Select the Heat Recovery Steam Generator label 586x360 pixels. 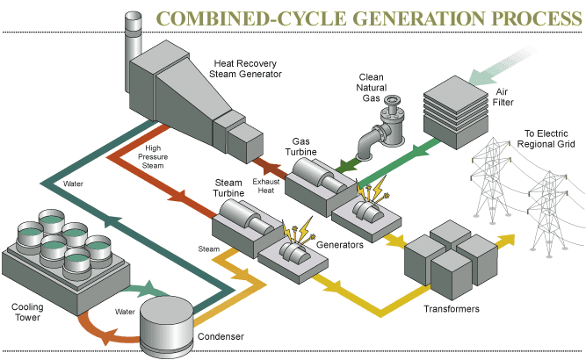click(247, 68)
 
